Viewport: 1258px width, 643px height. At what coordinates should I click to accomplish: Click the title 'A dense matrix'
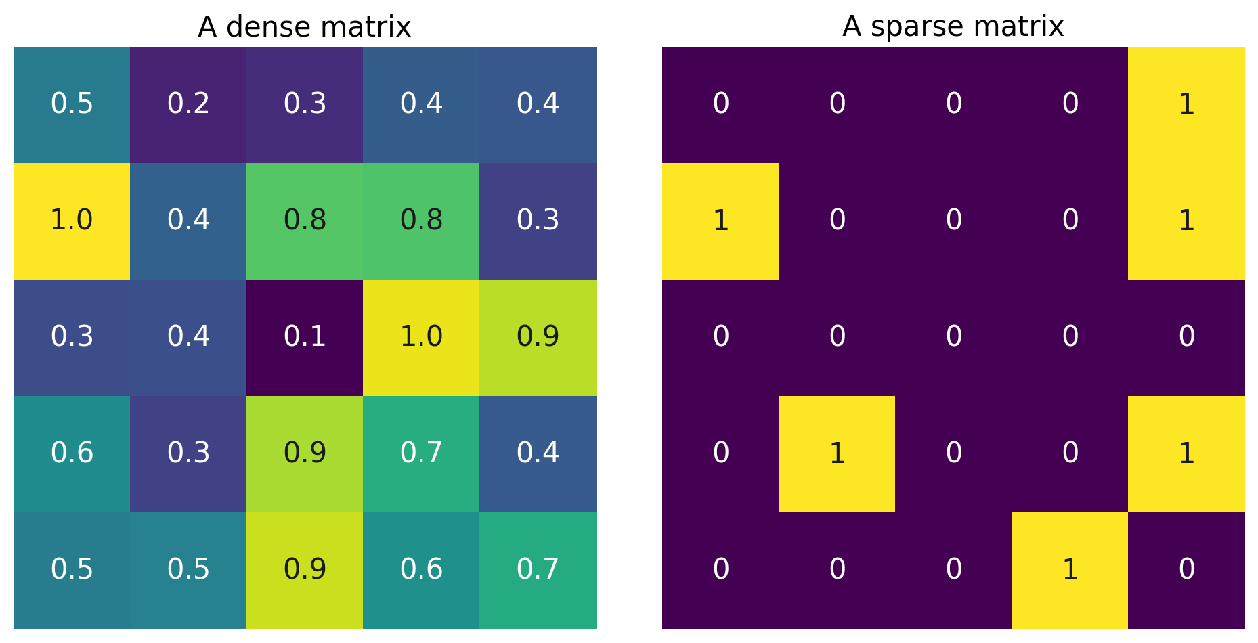[x=304, y=27]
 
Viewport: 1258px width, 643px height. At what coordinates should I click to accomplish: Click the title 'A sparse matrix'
[x=953, y=27]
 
